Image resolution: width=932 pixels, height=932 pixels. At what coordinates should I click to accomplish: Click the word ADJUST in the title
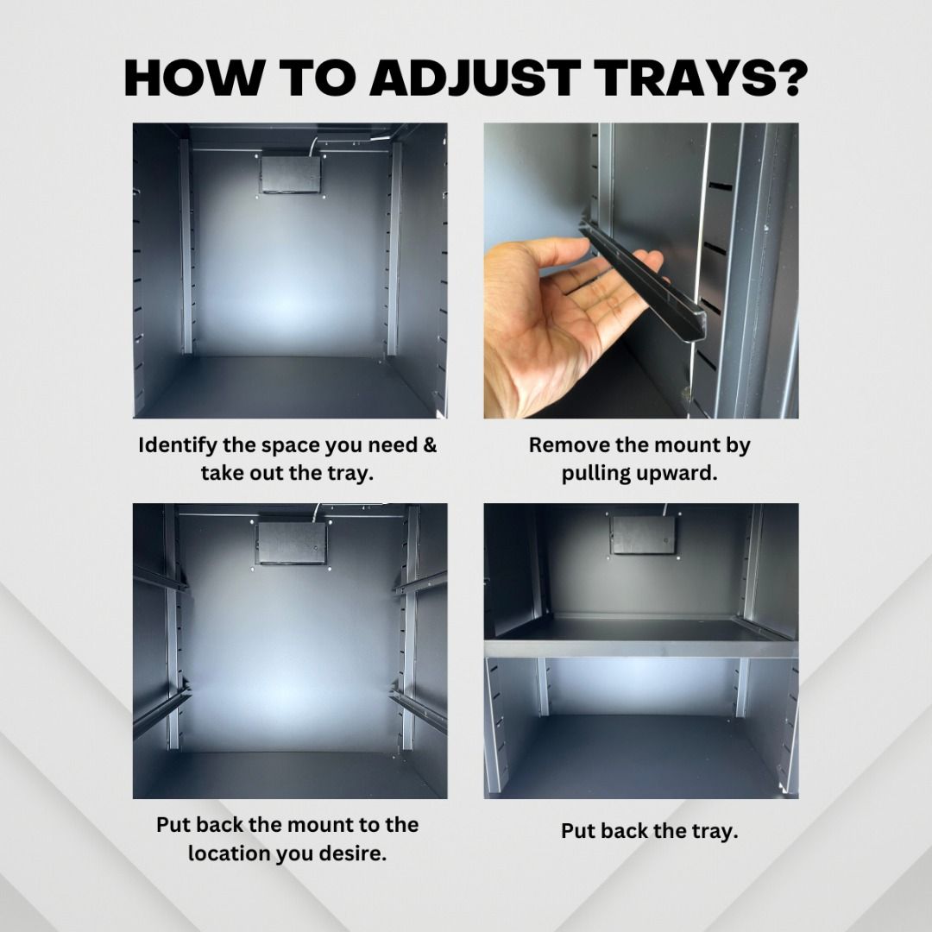coord(475,78)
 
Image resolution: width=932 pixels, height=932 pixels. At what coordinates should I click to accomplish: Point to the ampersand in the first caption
coord(429,444)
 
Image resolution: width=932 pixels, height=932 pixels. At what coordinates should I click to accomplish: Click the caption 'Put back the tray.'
coord(649,831)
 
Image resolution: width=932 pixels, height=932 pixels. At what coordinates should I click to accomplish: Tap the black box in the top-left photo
coord(291,174)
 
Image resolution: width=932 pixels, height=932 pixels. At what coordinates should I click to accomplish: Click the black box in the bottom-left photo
coord(292,542)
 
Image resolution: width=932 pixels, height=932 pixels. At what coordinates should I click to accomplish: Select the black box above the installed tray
coord(644,535)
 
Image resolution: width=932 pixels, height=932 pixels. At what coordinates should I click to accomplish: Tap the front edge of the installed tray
coord(640,648)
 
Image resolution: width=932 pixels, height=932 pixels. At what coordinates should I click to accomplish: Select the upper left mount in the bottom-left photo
coord(160,577)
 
